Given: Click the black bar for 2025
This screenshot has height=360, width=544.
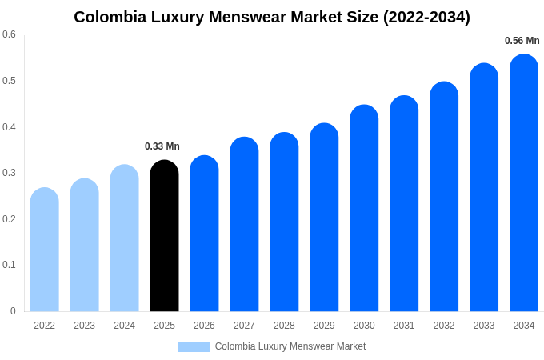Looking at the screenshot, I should pyautogui.click(x=164, y=236).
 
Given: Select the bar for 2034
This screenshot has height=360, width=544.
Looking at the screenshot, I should pyautogui.click(x=524, y=184).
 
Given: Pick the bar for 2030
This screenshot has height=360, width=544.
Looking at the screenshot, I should pyautogui.click(x=364, y=208).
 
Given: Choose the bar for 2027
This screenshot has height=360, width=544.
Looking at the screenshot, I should pyautogui.click(x=244, y=224).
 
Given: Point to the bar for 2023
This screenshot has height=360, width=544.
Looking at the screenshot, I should pyautogui.click(x=85, y=245).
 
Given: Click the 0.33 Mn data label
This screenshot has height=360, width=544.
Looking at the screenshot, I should pyautogui.click(x=162, y=146).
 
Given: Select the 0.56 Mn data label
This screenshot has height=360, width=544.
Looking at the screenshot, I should pyautogui.click(x=522, y=41).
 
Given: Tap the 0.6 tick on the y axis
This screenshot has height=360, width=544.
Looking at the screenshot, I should pyautogui.click(x=9, y=34).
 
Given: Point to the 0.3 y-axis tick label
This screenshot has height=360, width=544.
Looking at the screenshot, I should pyautogui.click(x=9, y=173).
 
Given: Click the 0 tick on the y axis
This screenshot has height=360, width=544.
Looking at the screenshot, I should pyautogui.click(x=13, y=311).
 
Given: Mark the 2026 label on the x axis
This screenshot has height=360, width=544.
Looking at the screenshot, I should pyautogui.click(x=204, y=326).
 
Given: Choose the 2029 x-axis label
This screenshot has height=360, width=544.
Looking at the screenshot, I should pyautogui.click(x=324, y=326).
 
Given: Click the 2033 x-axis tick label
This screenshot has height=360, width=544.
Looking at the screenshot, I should pyautogui.click(x=484, y=326).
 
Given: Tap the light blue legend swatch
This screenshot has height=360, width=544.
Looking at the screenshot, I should pyautogui.click(x=194, y=347).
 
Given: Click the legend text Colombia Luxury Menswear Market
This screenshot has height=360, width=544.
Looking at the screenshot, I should pyautogui.click(x=290, y=346).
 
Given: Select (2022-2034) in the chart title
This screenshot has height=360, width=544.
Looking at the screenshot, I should pyautogui.click(x=426, y=17).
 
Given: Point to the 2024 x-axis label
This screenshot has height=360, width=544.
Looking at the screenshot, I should pyautogui.click(x=124, y=326).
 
